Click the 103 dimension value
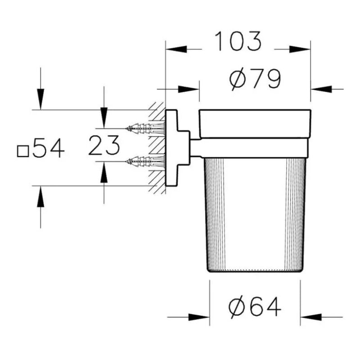click(238, 41)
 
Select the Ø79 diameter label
click(255, 79)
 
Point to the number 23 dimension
click(104, 145)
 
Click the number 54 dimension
click(49, 148)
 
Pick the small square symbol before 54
click(23, 152)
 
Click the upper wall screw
click(145, 128)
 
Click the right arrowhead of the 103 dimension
click(300, 49)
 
